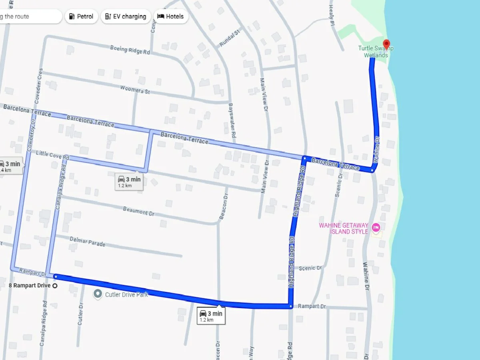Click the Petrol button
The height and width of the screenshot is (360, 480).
(x=81, y=16)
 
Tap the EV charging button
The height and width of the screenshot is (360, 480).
(x=126, y=16)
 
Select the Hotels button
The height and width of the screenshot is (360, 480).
(x=171, y=16)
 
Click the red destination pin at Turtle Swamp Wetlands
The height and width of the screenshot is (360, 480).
(x=386, y=44)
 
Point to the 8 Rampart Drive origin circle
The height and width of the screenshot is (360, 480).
(x=55, y=286)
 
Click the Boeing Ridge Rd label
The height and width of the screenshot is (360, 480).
(x=130, y=50)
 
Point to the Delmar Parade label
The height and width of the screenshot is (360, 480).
(x=87, y=241)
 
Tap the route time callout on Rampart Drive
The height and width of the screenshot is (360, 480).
(x=211, y=316)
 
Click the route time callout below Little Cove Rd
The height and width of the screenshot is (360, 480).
(x=129, y=181)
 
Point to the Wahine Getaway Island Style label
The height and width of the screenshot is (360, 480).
(x=344, y=228)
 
